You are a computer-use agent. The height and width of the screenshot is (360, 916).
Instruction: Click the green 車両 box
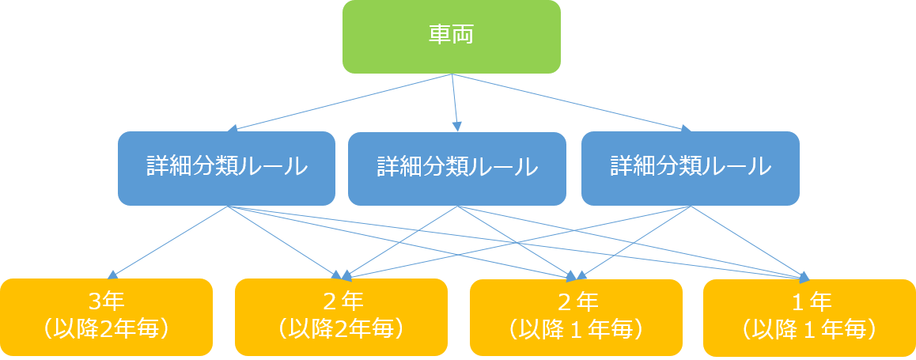[451, 36]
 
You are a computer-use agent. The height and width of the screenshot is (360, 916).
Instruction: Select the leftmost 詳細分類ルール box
[226, 168]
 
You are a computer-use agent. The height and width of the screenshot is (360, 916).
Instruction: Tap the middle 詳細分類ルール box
[457, 168]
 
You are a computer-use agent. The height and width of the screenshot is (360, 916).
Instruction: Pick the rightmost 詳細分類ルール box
[690, 168]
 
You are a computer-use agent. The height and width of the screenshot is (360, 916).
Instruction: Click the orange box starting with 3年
[107, 316]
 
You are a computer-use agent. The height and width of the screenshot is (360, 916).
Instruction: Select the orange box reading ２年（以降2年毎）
[341, 316]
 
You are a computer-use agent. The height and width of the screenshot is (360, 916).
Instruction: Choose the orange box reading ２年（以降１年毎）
[576, 316]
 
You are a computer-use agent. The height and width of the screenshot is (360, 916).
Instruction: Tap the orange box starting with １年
[809, 316]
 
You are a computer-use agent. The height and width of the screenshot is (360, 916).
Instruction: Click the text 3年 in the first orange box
[107, 302]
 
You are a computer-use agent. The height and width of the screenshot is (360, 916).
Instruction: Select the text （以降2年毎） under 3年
[107, 328]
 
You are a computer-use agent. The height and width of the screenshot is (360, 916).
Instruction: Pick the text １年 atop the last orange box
[809, 302]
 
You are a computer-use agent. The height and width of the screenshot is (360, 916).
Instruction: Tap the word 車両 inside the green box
[451, 36]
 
